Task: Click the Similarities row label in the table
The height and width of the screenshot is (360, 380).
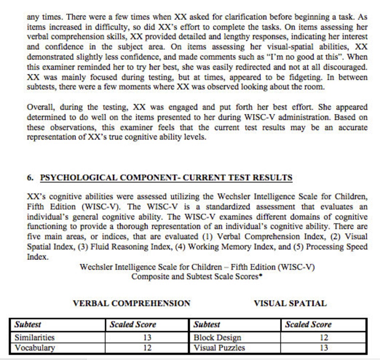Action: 34,337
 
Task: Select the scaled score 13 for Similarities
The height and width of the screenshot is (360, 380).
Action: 147,337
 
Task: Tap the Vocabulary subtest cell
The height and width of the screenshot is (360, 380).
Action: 34,348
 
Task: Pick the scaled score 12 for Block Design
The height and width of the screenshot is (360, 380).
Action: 324,337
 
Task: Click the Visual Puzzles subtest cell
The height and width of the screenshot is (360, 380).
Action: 219,348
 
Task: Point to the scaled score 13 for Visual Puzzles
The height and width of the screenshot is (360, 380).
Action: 324,348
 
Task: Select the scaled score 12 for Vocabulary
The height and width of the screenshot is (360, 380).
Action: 147,348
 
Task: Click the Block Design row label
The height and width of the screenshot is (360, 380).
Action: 217,337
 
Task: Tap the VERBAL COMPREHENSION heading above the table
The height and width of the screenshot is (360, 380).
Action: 131,303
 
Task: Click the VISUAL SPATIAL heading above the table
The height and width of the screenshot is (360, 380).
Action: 290,303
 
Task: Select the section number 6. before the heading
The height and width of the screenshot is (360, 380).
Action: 30,178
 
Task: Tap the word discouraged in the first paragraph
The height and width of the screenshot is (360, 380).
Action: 345,67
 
